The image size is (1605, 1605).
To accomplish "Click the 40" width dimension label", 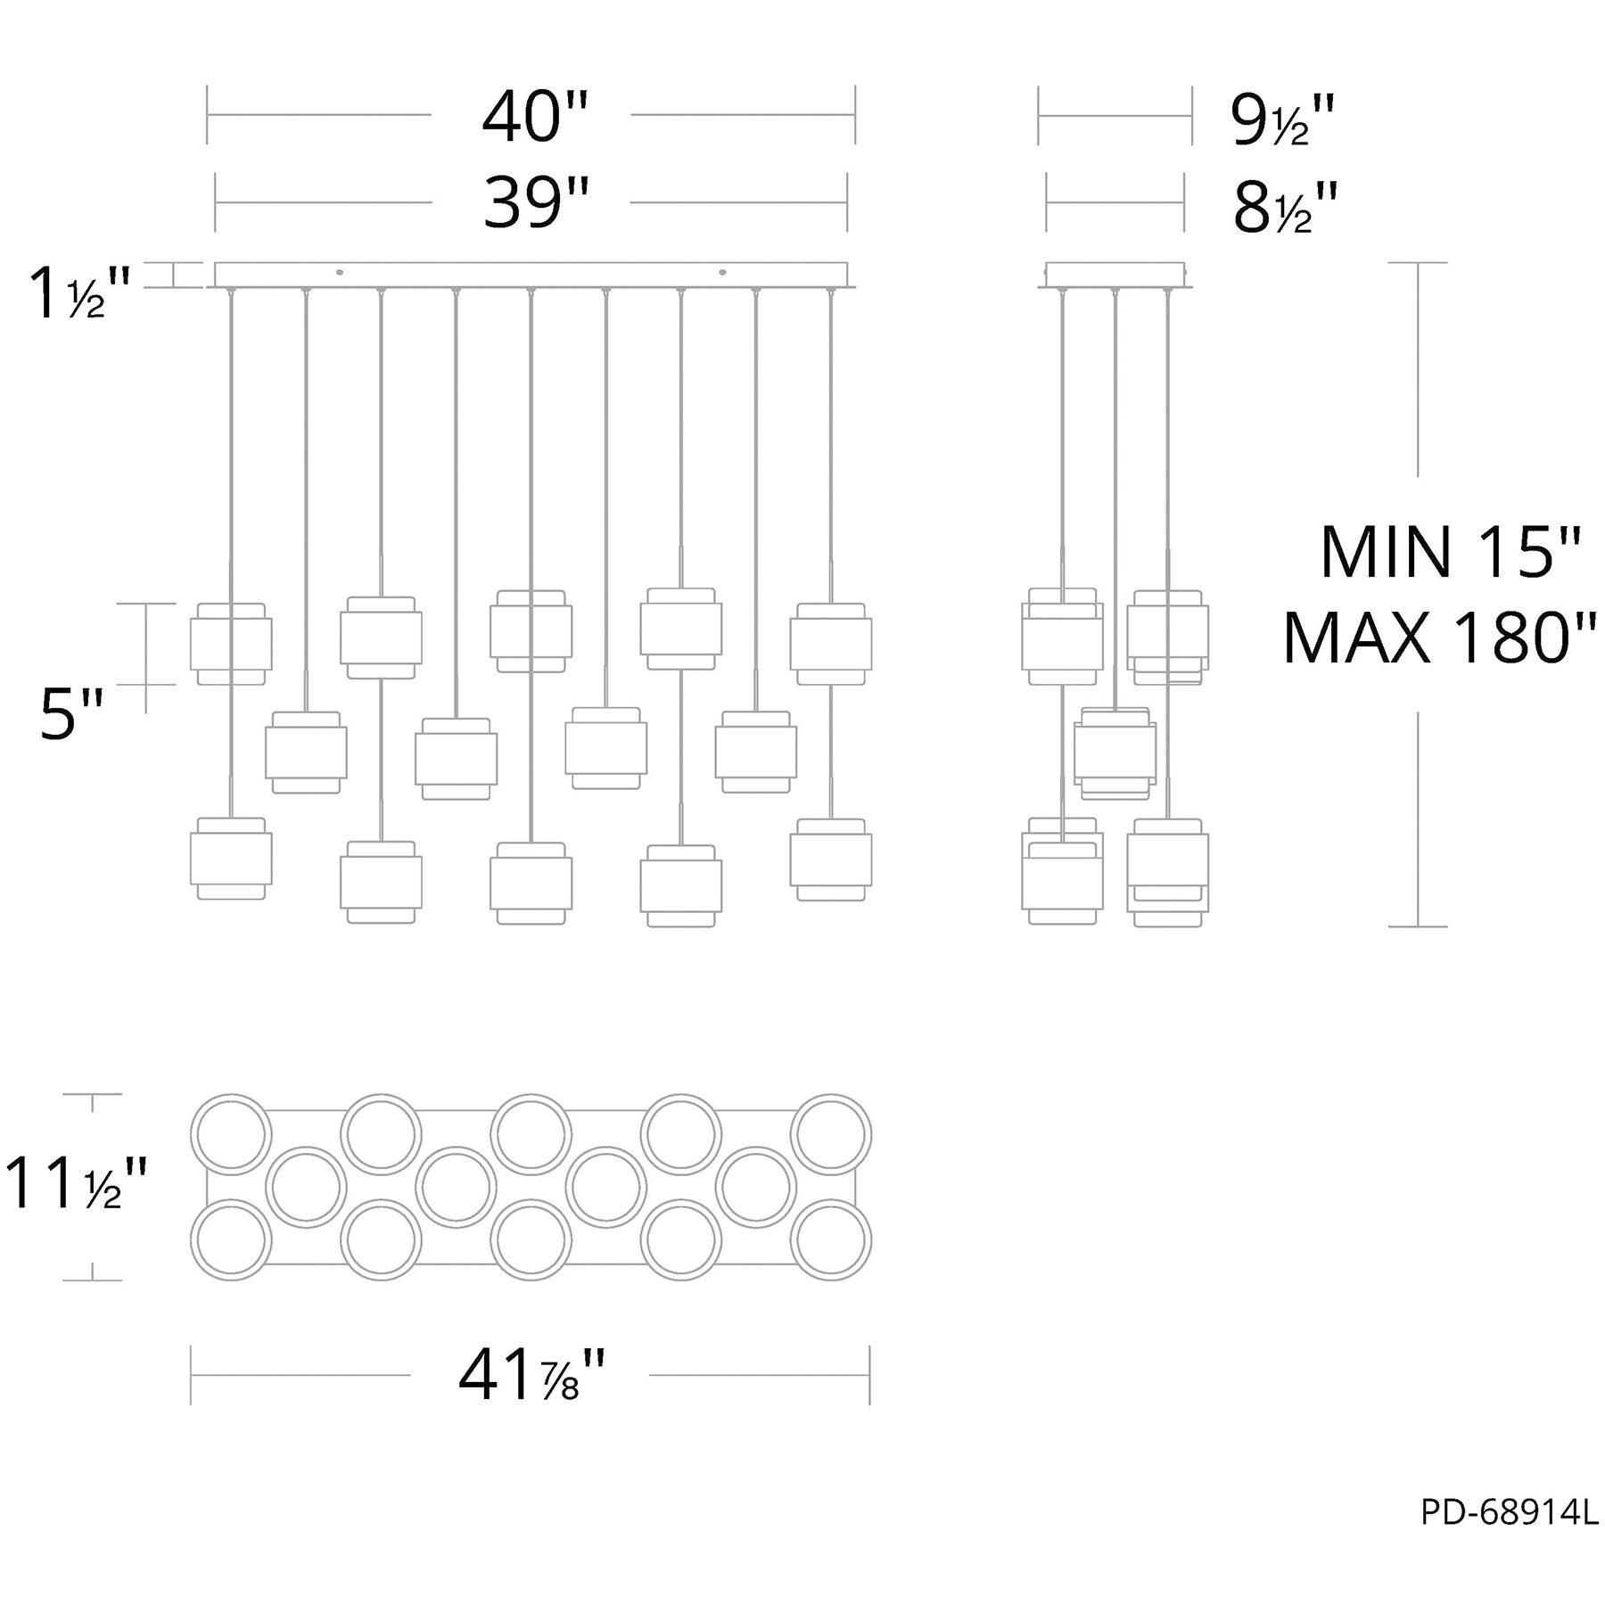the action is [535, 118].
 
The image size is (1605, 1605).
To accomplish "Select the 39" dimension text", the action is [537, 204].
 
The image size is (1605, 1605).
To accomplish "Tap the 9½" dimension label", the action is [1283, 120].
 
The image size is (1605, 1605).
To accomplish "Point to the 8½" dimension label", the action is [1286, 208].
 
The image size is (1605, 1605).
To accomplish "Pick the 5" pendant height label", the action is [71, 715].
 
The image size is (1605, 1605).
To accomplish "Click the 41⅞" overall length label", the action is [532, 1376].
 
